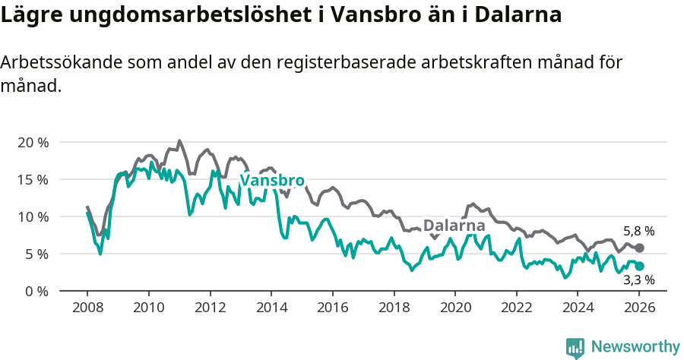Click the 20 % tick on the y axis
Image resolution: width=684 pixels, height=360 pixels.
point(33,143)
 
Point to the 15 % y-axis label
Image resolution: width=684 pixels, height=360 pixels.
point(33,180)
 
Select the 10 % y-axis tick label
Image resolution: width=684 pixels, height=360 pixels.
point(33,217)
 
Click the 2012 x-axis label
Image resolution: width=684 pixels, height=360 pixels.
point(209,309)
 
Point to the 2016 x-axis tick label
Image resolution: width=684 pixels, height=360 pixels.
point(332,309)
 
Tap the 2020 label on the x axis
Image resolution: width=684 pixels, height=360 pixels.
point(455,309)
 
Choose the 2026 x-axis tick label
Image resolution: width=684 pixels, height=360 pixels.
point(640,309)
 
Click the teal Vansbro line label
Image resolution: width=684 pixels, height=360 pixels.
point(272,181)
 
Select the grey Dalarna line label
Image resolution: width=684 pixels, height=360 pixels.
point(454,226)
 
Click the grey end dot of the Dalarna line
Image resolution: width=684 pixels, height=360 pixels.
point(640,248)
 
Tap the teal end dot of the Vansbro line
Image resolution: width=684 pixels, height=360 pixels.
point(640,267)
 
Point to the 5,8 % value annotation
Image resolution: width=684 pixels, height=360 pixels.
point(638,232)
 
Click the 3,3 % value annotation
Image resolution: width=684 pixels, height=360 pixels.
point(638,280)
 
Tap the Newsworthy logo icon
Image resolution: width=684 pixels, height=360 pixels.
point(575,347)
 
